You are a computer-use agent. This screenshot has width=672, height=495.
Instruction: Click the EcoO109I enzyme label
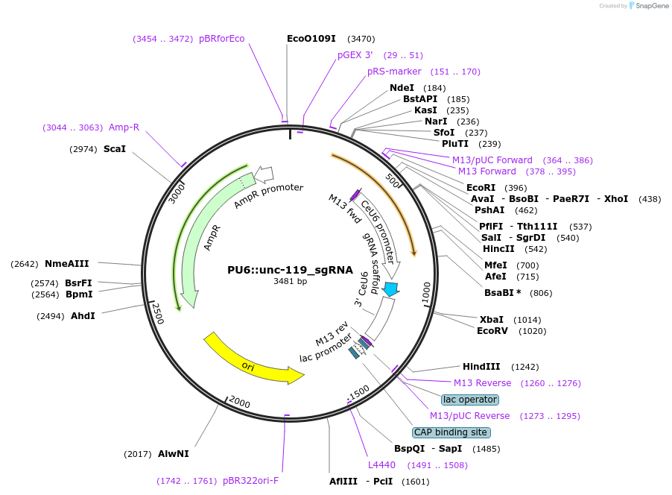click(311, 38)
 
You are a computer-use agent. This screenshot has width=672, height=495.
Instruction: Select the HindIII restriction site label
click(480, 367)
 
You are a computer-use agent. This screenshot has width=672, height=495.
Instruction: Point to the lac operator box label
click(469, 400)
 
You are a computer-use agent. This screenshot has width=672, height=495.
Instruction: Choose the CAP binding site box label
click(451, 432)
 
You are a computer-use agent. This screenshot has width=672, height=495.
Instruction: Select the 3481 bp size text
click(290, 282)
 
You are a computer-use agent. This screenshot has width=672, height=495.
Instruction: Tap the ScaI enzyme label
click(114, 149)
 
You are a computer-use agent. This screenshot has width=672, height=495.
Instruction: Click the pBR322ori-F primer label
click(250, 481)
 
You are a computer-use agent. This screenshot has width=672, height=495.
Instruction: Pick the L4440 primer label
click(381, 465)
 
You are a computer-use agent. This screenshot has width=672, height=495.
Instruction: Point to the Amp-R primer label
click(124, 127)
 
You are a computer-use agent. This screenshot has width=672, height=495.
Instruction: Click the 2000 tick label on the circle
click(240, 403)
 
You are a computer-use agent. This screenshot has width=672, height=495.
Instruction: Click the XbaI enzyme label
click(492, 319)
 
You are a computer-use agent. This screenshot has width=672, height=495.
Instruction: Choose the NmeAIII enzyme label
click(66, 263)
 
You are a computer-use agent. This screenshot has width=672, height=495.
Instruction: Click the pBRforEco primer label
click(221, 39)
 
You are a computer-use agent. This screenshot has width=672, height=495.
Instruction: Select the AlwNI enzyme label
click(173, 453)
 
